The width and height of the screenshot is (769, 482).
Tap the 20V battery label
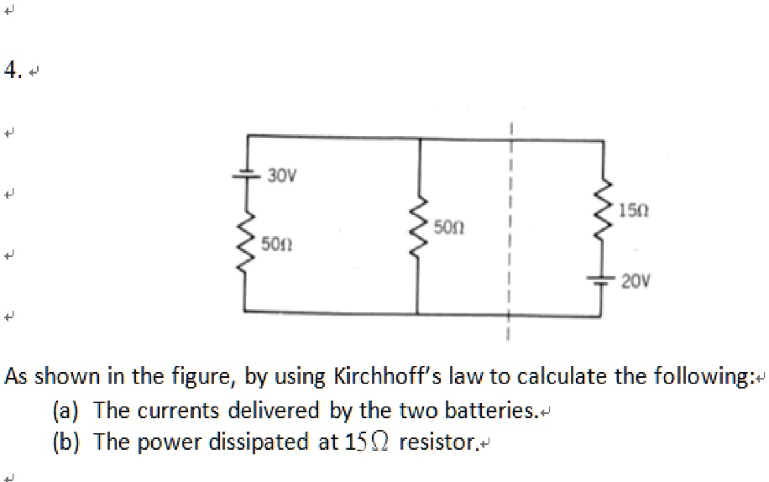(x=637, y=282)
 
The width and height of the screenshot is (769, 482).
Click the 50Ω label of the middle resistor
(x=449, y=227)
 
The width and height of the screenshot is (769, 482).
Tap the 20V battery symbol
(x=602, y=280)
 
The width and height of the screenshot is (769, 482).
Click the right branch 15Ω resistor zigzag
(x=603, y=213)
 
